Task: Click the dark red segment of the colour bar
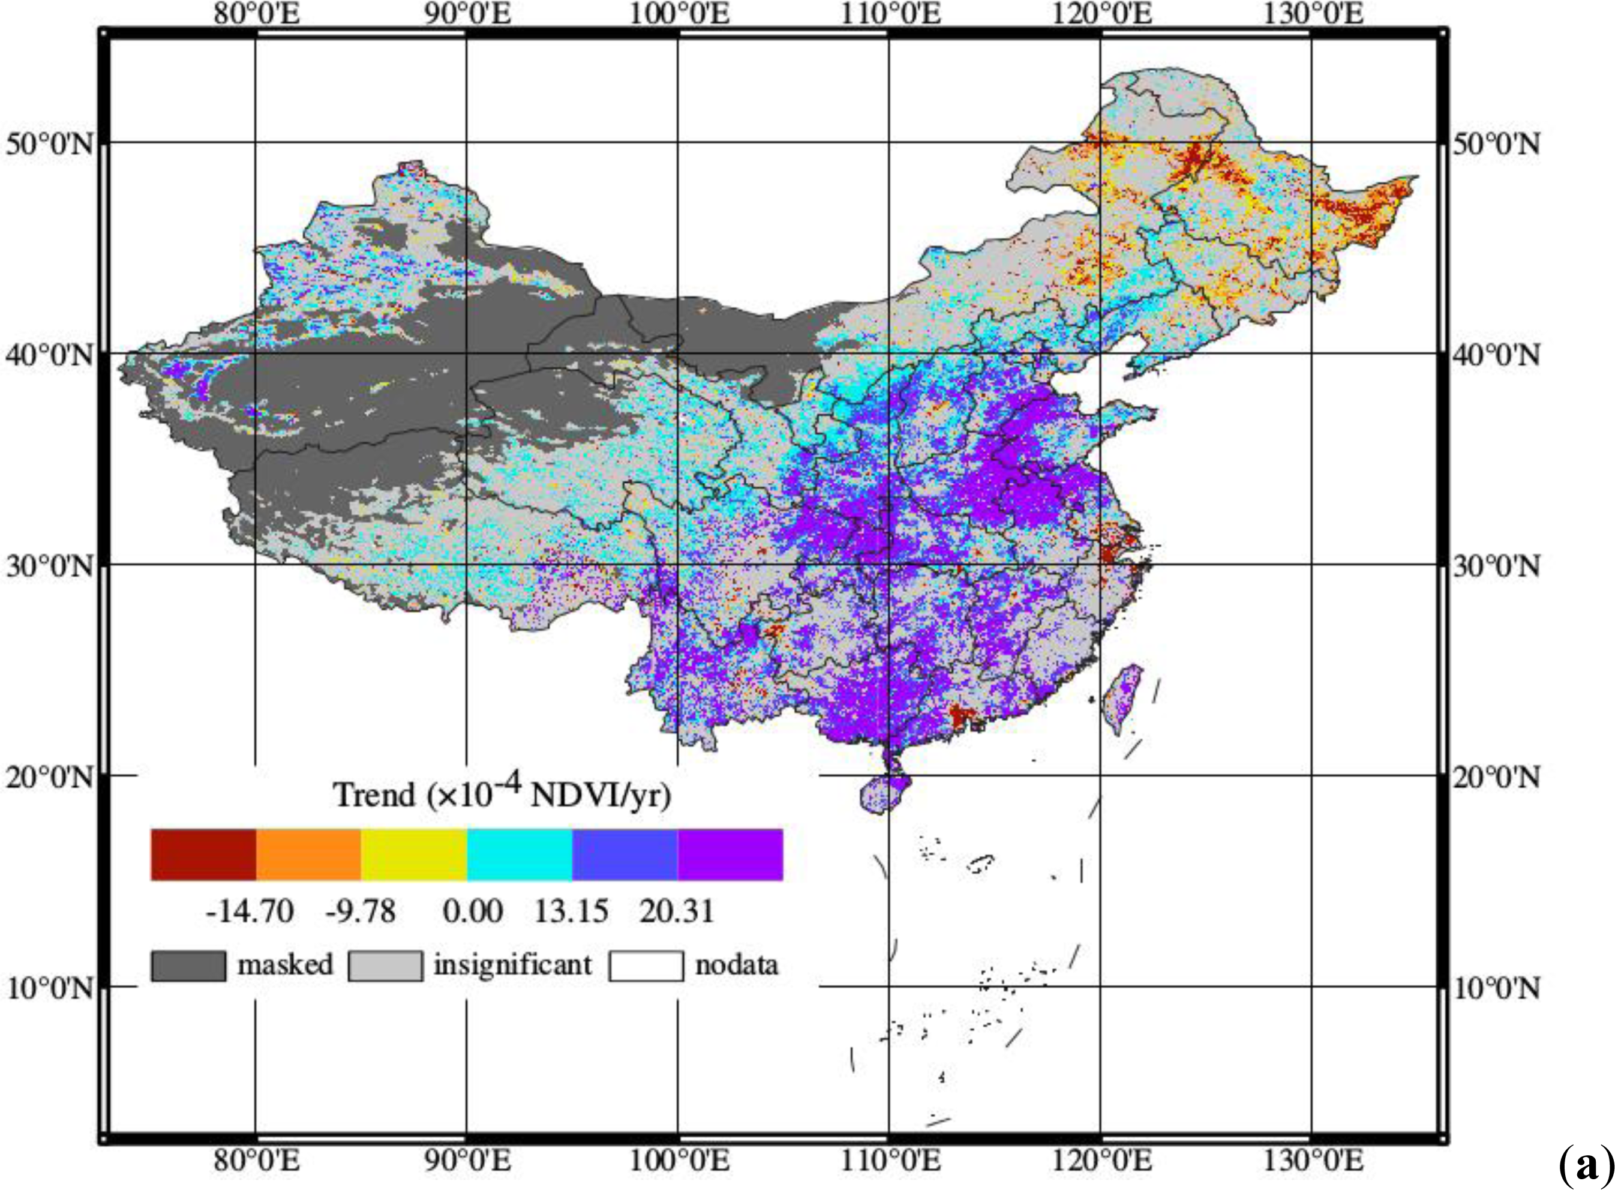click(x=203, y=855)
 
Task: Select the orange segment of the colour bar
click(x=308, y=855)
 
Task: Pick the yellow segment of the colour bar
click(x=414, y=855)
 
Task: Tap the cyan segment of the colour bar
click(x=519, y=855)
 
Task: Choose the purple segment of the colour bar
click(x=730, y=855)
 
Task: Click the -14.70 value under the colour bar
click(x=249, y=911)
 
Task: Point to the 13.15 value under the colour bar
click(x=571, y=911)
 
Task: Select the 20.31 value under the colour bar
click(x=677, y=911)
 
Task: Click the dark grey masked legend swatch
click(x=188, y=965)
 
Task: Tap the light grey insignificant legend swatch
click(x=385, y=965)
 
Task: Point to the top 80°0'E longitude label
click(x=256, y=14)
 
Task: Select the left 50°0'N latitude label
click(x=49, y=144)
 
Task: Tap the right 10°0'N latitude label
click(x=1496, y=988)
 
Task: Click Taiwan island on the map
click(x=1122, y=697)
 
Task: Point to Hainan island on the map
click(x=881, y=795)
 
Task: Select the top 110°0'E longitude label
click(x=890, y=14)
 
